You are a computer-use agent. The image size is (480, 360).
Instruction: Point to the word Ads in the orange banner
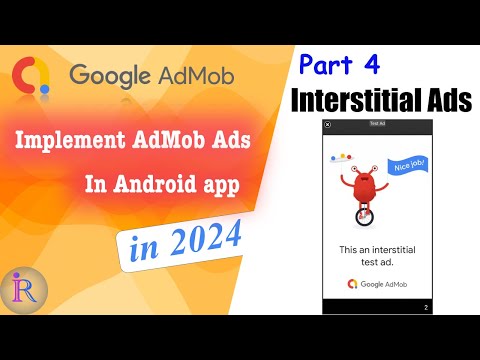coord(246,144)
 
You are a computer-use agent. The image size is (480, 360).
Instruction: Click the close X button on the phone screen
coord(328,125)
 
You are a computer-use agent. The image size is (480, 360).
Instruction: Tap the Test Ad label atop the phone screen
coord(378,124)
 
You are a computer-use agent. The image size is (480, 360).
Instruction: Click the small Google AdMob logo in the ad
coord(377,284)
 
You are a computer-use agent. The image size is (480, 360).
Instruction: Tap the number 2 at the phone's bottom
coord(425,308)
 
